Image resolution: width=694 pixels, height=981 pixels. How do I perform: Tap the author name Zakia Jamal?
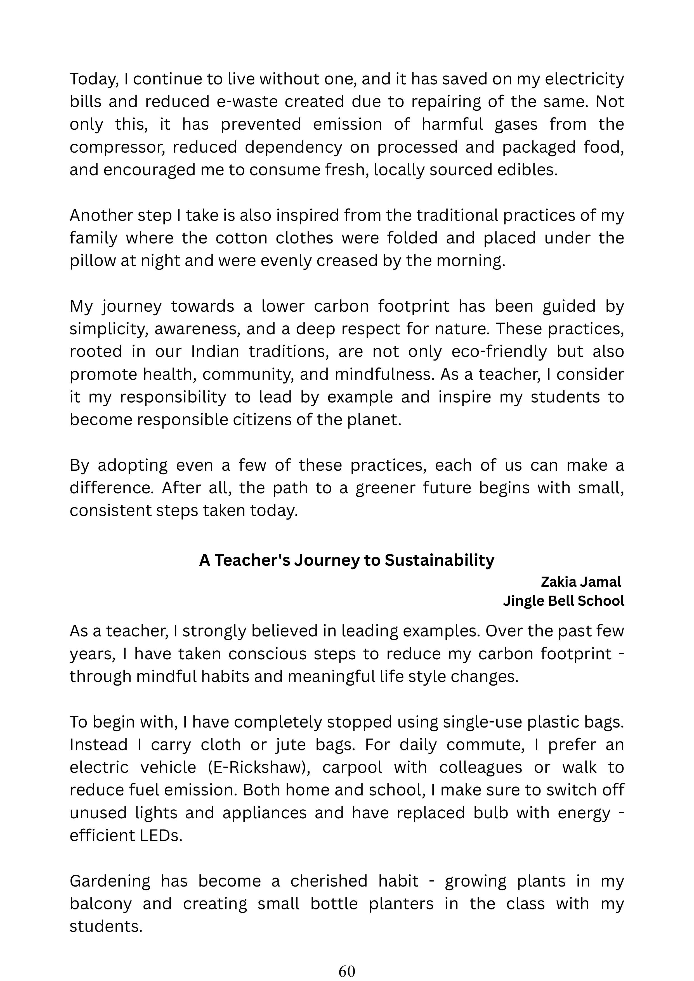[580, 582]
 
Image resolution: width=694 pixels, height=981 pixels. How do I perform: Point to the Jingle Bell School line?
[563, 601]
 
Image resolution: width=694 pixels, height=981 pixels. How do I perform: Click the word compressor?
[115, 147]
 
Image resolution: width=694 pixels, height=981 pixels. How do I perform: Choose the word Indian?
[215, 352]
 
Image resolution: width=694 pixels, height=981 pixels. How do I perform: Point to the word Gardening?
[110, 881]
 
